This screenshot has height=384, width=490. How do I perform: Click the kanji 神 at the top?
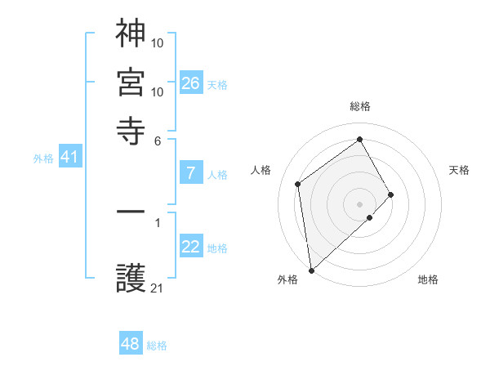pyautogui.click(x=131, y=33)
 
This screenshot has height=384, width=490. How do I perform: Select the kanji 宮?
pyautogui.click(x=131, y=82)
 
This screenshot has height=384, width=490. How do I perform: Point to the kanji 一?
pyautogui.click(x=131, y=212)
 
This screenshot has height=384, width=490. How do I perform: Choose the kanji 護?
pyautogui.click(x=131, y=279)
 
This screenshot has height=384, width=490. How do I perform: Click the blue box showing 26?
pyautogui.click(x=190, y=83)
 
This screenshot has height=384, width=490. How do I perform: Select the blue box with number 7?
pyautogui.click(x=190, y=173)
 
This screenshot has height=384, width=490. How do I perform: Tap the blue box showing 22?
pyautogui.click(x=190, y=248)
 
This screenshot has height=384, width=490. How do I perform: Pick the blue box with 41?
pyautogui.click(x=69, y=157)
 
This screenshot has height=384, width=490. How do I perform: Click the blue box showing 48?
pyautogui.click(x=131, y=344)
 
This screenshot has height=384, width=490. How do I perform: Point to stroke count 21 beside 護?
pyautogui.click(x=158, y=288)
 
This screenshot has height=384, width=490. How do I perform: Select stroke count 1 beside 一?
pyautogui.click(x=158, y=221)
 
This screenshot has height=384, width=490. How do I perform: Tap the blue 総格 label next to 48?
pyautogui.click(x=157, y=346)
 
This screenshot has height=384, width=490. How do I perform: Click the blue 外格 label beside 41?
pyautogui.click(x=43, y=159)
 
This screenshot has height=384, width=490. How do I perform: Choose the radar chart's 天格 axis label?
pyautogui.click(x=459, y=170)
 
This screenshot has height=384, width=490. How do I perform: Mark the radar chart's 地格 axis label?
pyautogui.click(x=428, y=279)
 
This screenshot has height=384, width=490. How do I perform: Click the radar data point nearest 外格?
pyautogui.click(x=311, y=270)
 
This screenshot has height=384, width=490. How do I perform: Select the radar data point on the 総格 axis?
pyautogui.click(x=360, y=139)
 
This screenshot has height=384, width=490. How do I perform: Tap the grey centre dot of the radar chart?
pyautogui.click(x=360, y=203)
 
